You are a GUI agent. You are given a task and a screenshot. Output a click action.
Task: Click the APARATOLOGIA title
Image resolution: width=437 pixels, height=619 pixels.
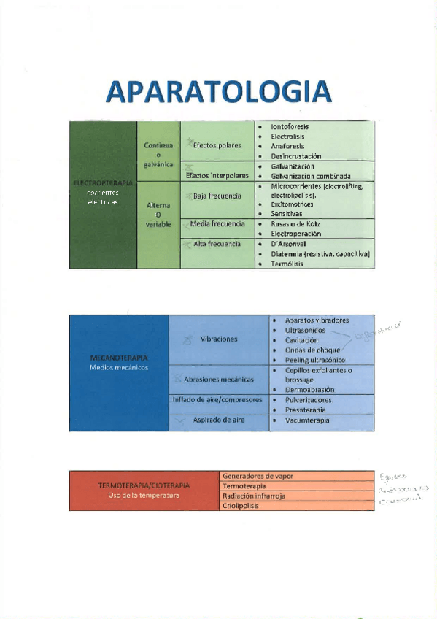click(x=218, y=91)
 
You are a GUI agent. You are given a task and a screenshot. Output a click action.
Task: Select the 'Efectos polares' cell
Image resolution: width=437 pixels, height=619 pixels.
click(x=217, y=145)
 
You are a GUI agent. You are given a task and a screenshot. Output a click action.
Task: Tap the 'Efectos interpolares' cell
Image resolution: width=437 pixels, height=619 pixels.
click(x=217, y=175)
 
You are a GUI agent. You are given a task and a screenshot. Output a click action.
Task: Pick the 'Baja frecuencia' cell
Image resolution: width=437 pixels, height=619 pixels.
click(x=217, y=196)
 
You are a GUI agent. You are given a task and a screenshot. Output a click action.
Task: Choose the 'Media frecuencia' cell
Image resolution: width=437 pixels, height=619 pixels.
click(x=217, y=224)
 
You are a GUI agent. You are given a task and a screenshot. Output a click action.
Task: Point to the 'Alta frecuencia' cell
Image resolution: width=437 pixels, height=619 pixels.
click(x=217, y=243)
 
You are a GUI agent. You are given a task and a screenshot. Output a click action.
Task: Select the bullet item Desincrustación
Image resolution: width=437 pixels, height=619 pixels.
click(x=295, y=156)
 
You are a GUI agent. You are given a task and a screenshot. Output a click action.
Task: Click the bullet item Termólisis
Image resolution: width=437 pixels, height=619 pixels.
click(x=287, y=264)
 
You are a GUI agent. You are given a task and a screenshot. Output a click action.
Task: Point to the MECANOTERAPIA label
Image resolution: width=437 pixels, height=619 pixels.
click(x=118, y=358)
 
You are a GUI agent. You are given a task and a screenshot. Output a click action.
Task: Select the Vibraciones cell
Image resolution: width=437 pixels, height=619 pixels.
click(x=218, y=339)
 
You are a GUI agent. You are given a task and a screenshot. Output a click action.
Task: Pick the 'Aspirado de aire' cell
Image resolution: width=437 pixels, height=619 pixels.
click(x=218, y=420)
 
